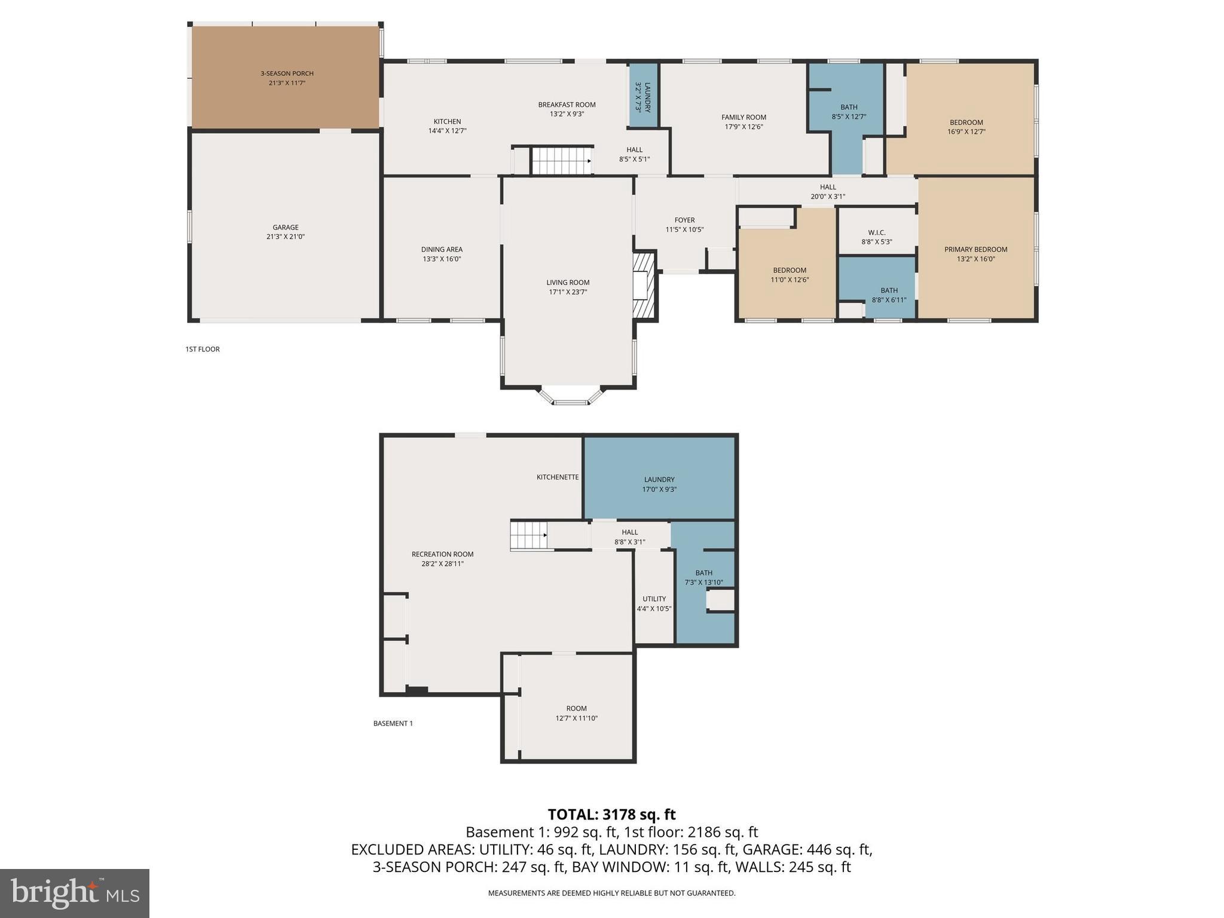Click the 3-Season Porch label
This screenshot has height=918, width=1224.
287,74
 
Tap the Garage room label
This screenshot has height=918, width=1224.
285,227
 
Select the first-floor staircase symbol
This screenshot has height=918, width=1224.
561,161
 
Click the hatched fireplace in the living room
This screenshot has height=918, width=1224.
644,284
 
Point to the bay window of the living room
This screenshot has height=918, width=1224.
571,397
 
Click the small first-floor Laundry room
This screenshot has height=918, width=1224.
643,96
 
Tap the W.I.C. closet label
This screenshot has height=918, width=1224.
876,232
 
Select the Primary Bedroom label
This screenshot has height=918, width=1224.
975,249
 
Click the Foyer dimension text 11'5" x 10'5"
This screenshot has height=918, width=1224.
684,229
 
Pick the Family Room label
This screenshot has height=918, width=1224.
743,117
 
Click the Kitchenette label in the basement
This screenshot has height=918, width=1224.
557,477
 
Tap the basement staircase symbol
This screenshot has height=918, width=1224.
529,535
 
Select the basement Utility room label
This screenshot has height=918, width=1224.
654,599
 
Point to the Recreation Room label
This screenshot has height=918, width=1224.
442,554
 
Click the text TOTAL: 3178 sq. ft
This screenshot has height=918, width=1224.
611,815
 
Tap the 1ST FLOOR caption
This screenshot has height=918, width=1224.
203,349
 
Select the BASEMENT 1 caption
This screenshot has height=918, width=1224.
393,723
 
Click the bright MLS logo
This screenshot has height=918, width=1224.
75,893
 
